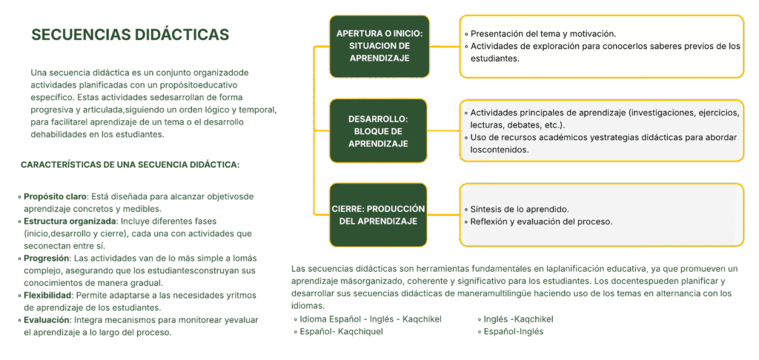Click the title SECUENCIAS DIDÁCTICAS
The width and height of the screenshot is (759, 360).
[x=130, y=35]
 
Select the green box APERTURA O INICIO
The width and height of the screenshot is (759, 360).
[x=379, y=46]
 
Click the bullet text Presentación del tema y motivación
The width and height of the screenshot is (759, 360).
[x=543, y=34]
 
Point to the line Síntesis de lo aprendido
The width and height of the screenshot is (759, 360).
[x=520, y=210]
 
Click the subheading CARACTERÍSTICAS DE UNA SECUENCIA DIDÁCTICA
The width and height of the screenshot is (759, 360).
[x=130, y=165]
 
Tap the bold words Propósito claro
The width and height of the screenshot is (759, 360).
[x=55, y=197]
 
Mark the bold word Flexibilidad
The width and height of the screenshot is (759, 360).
[x=47, y=295]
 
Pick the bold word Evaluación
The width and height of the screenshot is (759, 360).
[x=47, y=320]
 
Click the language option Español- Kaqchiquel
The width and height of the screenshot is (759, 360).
[x=341, y=332]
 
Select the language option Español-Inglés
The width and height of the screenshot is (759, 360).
[x=514, y=332]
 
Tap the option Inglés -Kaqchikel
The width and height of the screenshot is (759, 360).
[x=518, y=319]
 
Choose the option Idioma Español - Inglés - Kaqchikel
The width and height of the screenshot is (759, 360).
[x=371, y=319]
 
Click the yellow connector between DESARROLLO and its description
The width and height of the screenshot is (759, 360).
[x=443, y=130]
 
